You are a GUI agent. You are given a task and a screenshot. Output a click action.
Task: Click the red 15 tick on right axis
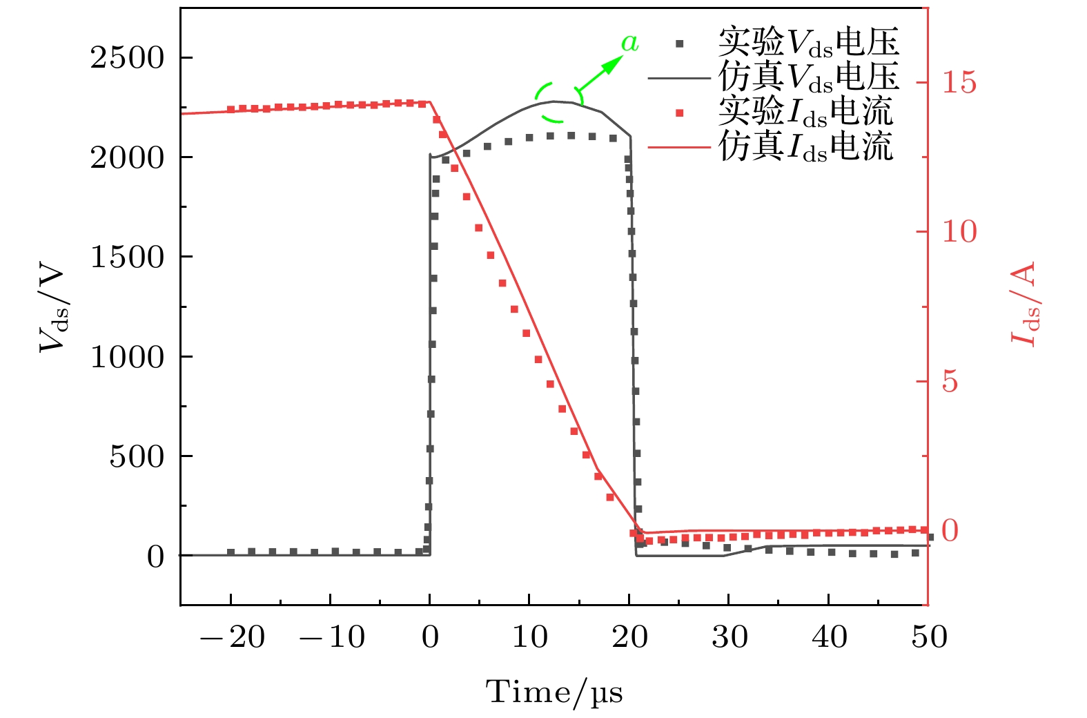[x=959, y=83]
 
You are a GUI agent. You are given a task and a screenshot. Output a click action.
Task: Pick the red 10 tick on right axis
[x=959, y=232]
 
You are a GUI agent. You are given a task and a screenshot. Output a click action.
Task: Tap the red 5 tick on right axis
[x=950, y=382]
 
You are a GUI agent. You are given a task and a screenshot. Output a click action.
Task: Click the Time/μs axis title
[x=554, y=692]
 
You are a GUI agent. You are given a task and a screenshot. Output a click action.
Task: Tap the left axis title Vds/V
[x=53, y=307]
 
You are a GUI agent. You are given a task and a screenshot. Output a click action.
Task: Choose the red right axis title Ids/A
[x=1024, y=304]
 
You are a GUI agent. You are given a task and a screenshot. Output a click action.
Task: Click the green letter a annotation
[x=629, y=43]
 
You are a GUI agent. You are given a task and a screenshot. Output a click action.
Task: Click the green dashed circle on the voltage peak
[x=558, y=101]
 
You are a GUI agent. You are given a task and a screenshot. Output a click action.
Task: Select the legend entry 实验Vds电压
[x=808, y=43]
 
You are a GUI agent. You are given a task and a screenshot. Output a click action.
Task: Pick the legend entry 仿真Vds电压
[x=808, y=77]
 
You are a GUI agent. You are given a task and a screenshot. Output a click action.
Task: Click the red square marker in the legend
[x=680, y=113]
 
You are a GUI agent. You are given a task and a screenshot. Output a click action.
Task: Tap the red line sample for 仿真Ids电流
[x=679, y=147]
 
